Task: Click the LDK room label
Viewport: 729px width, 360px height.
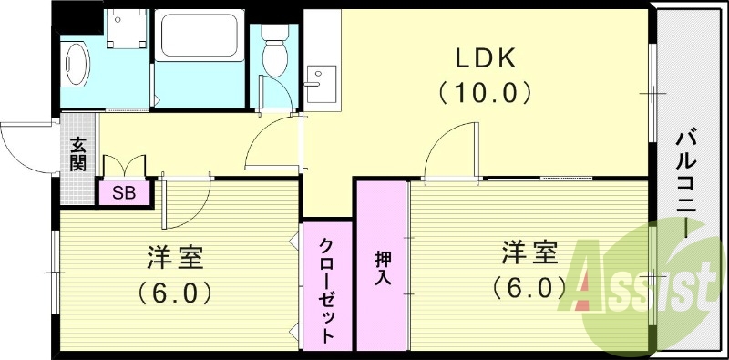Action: [x=487, y=58]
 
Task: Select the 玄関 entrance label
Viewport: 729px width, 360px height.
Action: [x=78, y=153]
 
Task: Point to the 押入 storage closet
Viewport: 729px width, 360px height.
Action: [x=382, y=266]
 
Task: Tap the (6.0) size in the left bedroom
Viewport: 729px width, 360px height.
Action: [x=175, y=292]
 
